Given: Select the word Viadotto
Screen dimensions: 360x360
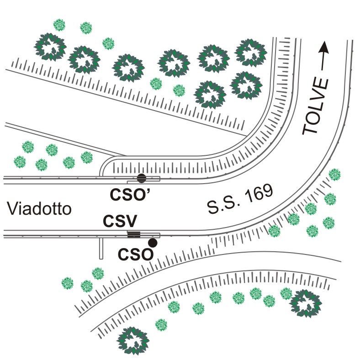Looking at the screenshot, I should pyautogui.click(x=40, y=210).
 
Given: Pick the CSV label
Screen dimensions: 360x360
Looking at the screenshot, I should pyautogui.click(x=120, y=222).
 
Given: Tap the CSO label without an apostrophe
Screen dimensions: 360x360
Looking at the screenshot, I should pyautogui.click(x=135, y=254).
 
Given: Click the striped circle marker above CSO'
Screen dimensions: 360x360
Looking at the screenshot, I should pyautogui.click(x=142, y=179).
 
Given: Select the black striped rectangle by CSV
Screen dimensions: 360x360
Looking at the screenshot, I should pyautogui.click(x=133, y=235).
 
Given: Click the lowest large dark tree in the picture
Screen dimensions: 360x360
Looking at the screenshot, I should pyautogui.click(x=133, y=339).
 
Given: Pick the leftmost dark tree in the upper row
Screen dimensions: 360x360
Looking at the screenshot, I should pyautogui.click(x=50, y=46).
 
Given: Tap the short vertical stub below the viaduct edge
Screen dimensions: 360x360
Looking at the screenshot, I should pyautogui.click(x=100, y=248).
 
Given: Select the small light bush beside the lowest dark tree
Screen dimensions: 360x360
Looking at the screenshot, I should pyautogui.click(x=160, y=325).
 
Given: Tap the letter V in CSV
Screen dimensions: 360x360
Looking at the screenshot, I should pyautogui.click(x=132, y=222).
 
